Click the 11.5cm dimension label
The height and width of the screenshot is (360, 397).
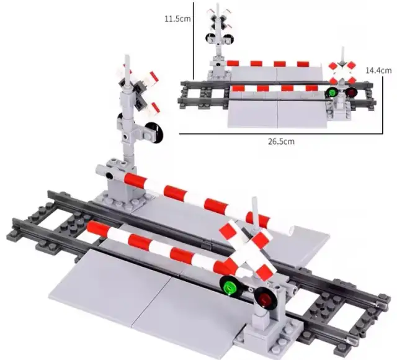(177, 19)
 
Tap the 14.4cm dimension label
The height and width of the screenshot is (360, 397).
(378, 70)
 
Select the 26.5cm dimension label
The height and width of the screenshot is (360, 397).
(281, 141)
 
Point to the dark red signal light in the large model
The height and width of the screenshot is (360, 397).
(265, 298)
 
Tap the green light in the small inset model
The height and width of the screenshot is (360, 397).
(331, 92)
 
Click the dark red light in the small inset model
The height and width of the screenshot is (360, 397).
(352, 92)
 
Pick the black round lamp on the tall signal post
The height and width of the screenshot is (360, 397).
(154, 132)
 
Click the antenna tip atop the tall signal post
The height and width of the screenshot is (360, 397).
(127, 56)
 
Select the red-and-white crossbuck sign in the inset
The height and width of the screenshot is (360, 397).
(342, 72)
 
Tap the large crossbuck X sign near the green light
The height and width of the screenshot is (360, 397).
(248, 250)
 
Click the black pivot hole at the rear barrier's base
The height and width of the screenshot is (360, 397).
(109, 175)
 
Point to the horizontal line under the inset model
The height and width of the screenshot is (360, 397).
(281, 133)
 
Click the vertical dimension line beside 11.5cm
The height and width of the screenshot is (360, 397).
(194, 40)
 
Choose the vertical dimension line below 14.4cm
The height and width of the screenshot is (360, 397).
(383, 104)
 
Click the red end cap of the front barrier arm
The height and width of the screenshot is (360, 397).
(94, 226)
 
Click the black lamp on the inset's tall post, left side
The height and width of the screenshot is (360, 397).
(210, 38)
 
